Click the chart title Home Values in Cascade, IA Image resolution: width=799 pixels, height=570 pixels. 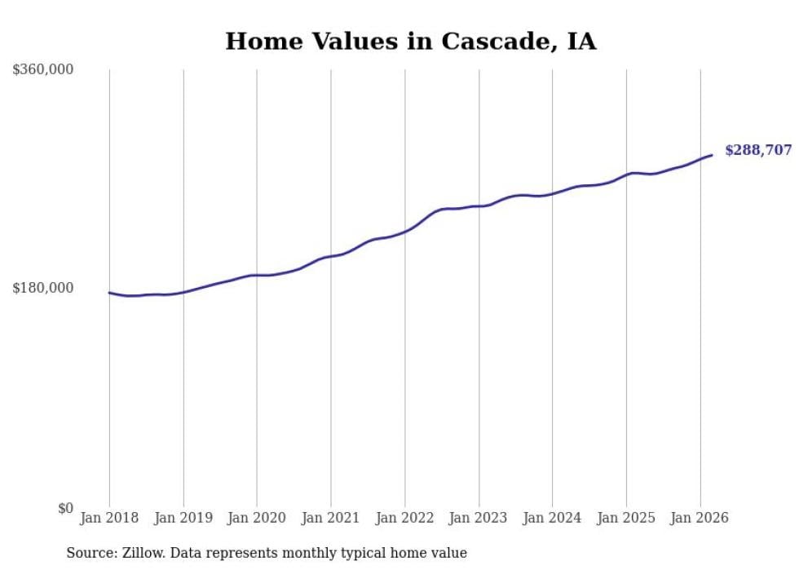[410, 42]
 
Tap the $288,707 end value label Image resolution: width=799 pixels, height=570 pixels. [757, 150]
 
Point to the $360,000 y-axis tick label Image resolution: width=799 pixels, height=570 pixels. [43, 70]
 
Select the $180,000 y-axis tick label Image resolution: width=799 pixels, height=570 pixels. [43, 288]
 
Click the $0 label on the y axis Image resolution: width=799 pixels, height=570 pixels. [65, 508]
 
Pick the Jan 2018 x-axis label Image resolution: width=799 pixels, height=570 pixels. [109, 518]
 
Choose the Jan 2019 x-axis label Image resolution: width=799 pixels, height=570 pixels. [183, 518]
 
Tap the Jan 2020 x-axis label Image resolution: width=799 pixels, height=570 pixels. [257, 518]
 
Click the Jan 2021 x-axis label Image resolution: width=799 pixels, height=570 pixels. [331, 518]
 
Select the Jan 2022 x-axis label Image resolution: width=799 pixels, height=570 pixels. [404, 518]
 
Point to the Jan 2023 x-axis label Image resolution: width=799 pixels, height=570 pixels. [479, 518]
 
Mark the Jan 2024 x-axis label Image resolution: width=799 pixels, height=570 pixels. [552, 518]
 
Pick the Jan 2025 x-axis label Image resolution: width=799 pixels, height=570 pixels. [626, 518]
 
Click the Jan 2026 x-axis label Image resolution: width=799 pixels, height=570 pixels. [700, 518]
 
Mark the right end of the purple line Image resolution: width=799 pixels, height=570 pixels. [712, 155]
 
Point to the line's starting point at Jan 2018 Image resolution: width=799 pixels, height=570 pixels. [109, 292]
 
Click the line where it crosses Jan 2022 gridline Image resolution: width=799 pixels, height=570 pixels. [404, 232]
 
